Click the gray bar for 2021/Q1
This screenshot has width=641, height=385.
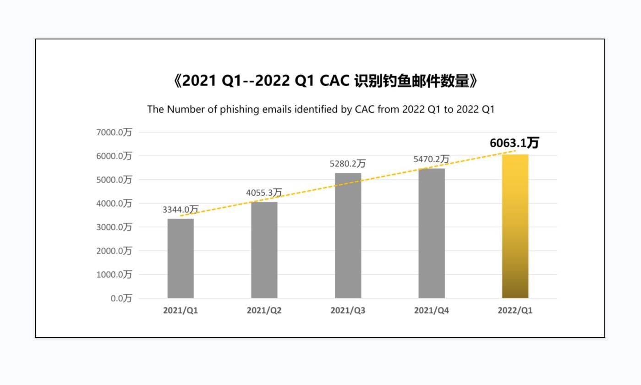click(181, 258)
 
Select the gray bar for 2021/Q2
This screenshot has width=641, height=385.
click(264, 250)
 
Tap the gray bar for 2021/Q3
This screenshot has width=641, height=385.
click(348, 236)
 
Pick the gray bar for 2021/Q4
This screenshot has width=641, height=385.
click(432, 233)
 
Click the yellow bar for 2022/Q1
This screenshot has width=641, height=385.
click(515, 226)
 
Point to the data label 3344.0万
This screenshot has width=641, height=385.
click(181, 209)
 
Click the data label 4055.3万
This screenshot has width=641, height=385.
click(264, 192)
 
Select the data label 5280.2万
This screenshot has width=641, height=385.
click(348, 164)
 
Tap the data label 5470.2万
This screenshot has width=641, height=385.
click(431, 159)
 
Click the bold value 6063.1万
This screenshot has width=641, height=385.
click(514, 143)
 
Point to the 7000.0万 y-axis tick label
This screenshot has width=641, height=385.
click(114, 132)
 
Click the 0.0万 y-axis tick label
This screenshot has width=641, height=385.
click(121, 298)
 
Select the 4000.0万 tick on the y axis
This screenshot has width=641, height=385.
click(114, 203)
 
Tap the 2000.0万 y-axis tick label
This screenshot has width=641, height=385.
click(114, 251)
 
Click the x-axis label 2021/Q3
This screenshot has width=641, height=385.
click(348, 310)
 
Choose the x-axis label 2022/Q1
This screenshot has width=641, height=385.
click(515, 310)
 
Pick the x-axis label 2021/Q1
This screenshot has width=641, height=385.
click(181, 310)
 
